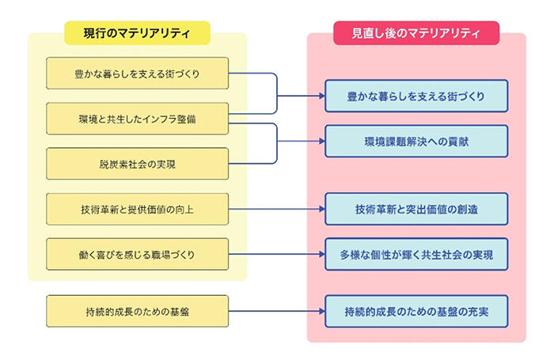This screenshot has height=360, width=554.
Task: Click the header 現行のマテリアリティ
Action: pos(137,32)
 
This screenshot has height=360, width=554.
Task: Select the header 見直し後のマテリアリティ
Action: pos(416,32)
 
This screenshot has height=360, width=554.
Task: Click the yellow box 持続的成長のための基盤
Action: pos(138,311)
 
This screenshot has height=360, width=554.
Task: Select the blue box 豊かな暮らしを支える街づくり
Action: pos(416,97)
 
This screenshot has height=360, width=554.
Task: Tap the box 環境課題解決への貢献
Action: pos(416,142)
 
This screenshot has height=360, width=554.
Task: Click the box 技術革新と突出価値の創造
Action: pos(416,210)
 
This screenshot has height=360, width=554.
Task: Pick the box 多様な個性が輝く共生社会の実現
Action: pos(416,255)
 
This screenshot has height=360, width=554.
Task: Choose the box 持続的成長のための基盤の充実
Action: pos(416,311)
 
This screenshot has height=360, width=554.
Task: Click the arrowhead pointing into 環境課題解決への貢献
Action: pos(321,142)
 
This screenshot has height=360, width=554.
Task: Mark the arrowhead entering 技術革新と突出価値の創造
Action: pos(321,210)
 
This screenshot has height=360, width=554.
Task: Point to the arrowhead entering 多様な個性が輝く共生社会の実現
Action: pos(321,255)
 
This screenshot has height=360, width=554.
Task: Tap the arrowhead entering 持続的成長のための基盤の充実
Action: pos(321,311)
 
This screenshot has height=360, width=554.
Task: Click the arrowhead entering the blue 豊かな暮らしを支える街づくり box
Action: pos(321,97)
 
